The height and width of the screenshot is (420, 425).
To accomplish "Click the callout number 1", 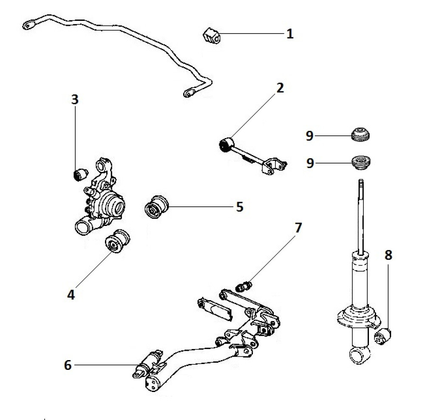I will (289, 33).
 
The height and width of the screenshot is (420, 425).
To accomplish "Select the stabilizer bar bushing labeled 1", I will (211, 35).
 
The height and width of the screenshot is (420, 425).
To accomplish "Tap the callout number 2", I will (280, 88).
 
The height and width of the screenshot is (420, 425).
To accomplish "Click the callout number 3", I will (75, 100).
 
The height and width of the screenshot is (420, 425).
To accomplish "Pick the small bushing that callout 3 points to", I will (80, 174).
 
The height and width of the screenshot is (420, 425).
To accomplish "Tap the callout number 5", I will (239, 207).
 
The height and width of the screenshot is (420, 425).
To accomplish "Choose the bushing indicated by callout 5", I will (156, 206).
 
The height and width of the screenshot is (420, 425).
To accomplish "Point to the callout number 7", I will (298, 228).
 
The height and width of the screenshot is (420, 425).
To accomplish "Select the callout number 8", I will (388, 255).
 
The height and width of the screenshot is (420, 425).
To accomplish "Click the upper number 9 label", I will (310, 136).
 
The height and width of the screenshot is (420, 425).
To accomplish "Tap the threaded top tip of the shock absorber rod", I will (361, 183).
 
